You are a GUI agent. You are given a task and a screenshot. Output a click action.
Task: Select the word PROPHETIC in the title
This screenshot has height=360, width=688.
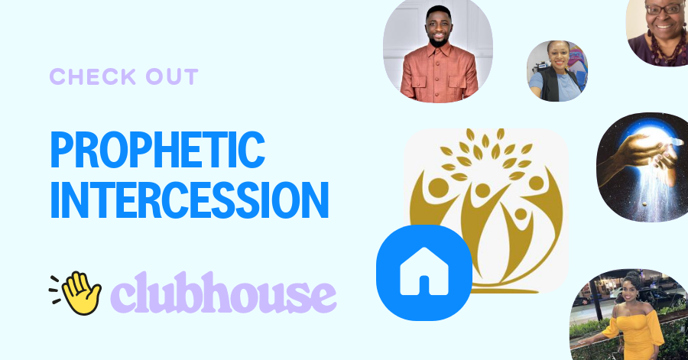pos(157,150)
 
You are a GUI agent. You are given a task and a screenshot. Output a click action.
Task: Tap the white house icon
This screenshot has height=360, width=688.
pos(423,272)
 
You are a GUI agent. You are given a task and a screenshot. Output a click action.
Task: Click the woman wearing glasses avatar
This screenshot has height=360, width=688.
pos(658,31)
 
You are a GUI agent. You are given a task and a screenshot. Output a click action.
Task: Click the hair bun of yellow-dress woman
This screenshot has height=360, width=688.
pos(633,277)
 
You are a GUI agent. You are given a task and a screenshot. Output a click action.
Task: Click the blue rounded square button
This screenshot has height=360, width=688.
pos(423,272)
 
